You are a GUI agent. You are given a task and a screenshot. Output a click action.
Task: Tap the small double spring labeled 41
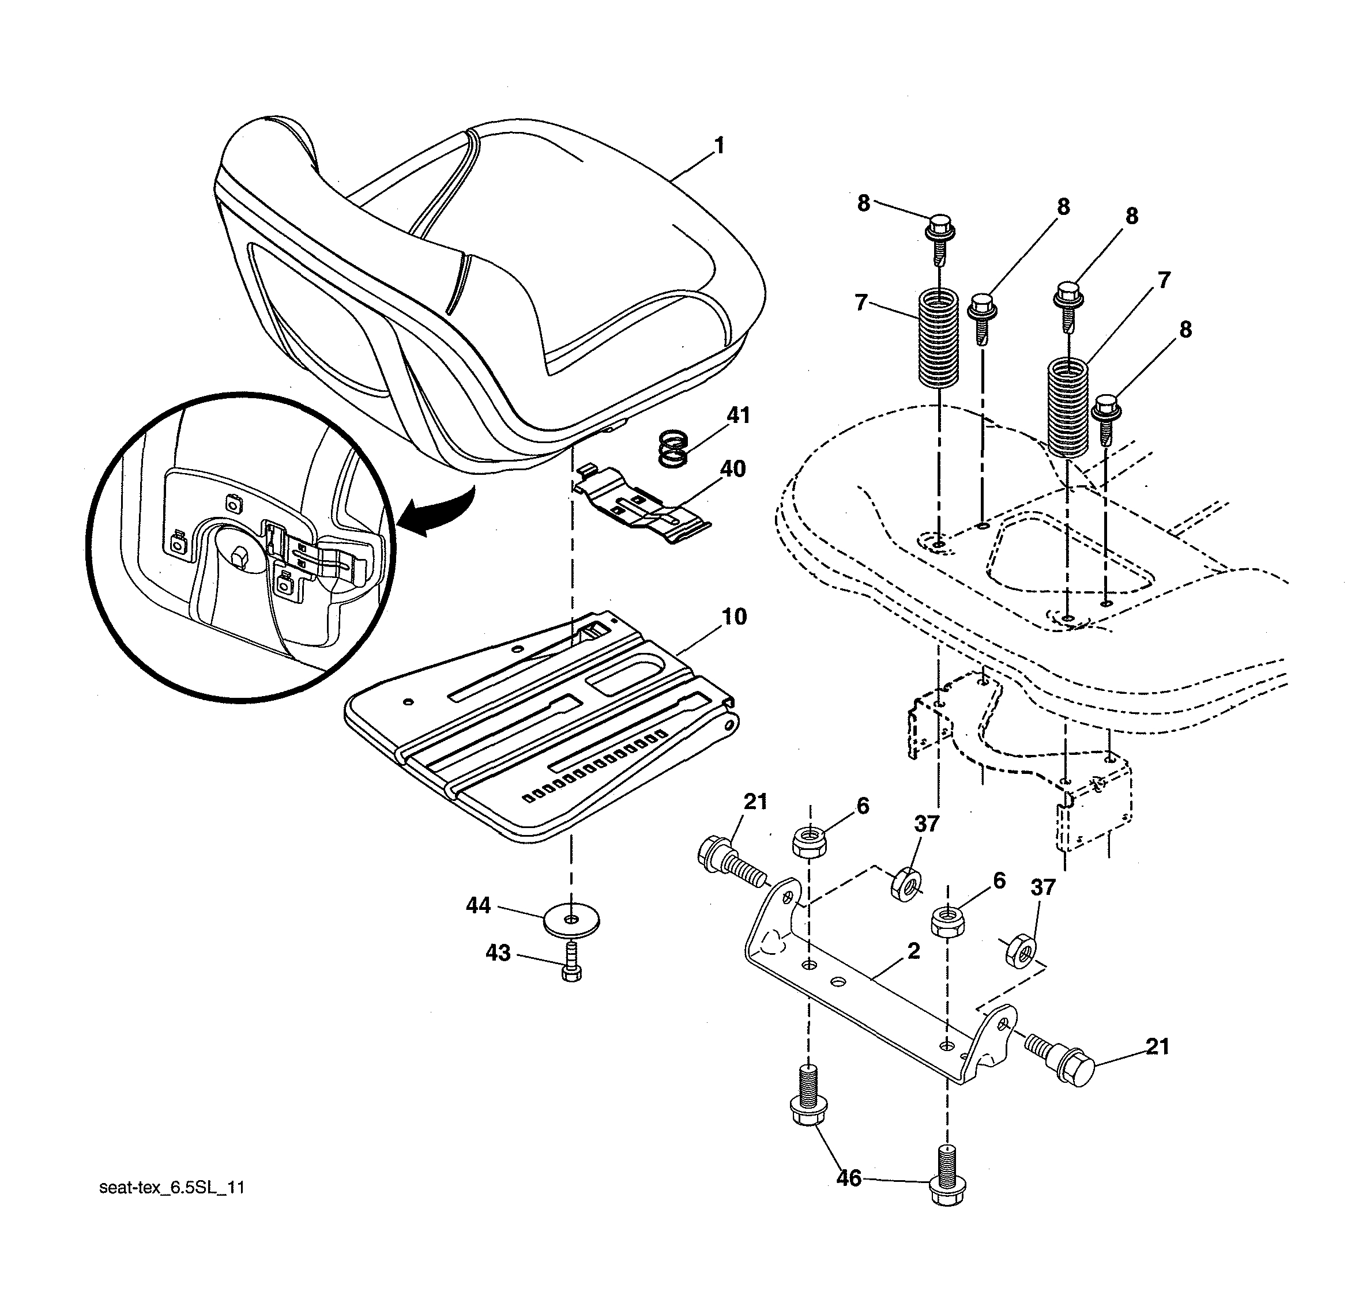pos(674,450)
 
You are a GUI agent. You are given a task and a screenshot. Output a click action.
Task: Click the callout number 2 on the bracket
pos(913,951)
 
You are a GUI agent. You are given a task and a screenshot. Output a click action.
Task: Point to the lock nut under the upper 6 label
pos(810,841)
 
